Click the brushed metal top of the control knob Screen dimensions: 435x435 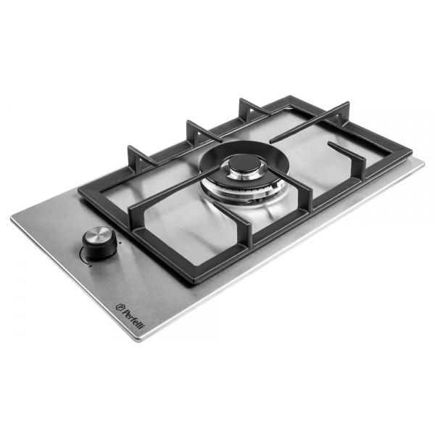[x=98, y=235]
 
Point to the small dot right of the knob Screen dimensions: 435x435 [x=120, y=242]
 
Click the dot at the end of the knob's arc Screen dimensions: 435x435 [x=91, y=265]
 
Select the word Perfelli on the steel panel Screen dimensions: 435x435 [x=133, y=318]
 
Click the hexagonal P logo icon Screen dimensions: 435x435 [x=120, y=306]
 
